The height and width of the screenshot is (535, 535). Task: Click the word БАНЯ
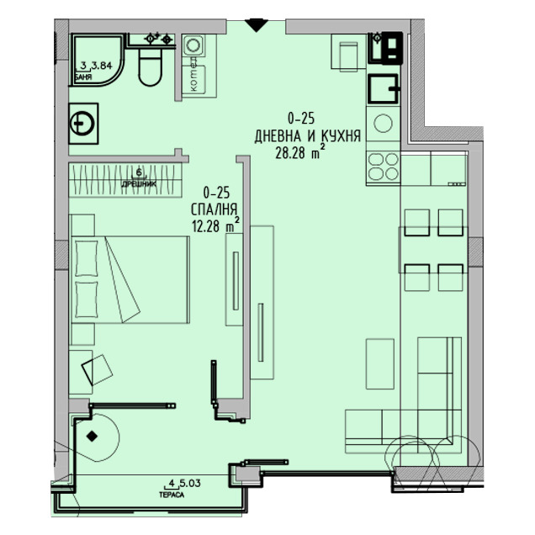click(x=84, y=75)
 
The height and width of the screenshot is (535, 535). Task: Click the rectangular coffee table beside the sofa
click(x=380, y=363)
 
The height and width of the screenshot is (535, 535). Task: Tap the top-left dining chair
click(x=418, y=223)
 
